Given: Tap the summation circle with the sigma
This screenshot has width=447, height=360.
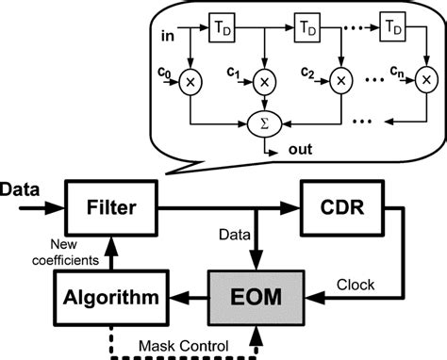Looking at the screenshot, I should click(x=263, y=123).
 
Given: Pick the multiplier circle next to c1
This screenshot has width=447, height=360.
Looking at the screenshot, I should click(x=264, y=82).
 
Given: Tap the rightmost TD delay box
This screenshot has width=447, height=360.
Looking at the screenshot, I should click(x=397, y=31).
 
